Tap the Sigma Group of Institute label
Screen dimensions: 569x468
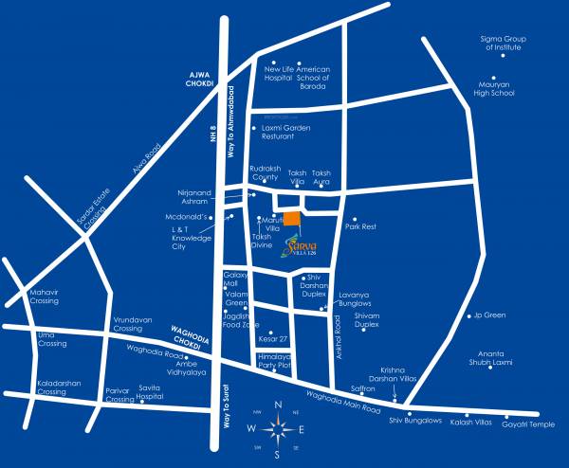click(502, 43)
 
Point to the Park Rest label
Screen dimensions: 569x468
click(361, 227)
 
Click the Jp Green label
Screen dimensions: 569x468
click(489, 315)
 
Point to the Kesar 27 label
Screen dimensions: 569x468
click(273, 337)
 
